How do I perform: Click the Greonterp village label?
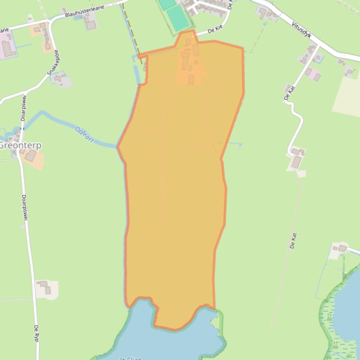[x=20, y=145]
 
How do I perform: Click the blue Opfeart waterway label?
[x=85, y=135]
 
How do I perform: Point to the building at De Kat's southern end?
[x=296, y=162]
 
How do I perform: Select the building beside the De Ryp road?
[x=45, y=287]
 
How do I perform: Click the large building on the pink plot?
[x=8, y=48]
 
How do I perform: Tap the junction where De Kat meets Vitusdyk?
[x=319, y=45]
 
